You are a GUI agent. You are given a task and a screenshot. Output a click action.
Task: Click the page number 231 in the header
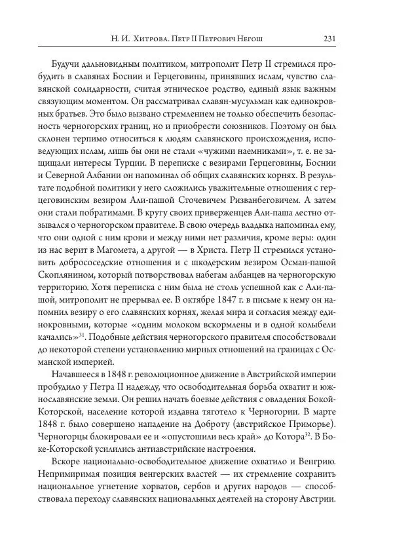329,39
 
